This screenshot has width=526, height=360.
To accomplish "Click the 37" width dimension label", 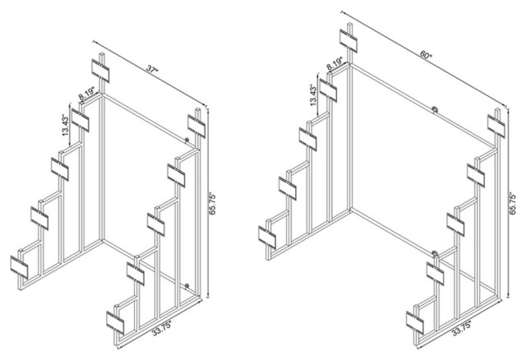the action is pos(152,70).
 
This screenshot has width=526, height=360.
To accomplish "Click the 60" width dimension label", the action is pos(426,55).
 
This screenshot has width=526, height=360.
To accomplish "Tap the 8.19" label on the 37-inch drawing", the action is pos(87,94).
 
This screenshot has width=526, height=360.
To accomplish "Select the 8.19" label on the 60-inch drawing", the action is pos(335,64).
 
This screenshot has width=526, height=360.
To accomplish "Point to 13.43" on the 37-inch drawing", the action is pos(65,126).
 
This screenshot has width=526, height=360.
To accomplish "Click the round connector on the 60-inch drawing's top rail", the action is pos(435,109).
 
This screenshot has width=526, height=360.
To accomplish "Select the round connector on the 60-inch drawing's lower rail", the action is pos(435,254).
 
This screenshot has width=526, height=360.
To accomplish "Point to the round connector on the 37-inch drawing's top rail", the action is pos(187,141).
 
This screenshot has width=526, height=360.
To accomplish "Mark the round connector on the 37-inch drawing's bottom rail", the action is pos(187,286).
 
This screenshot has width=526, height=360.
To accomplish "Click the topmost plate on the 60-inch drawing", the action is pos(348,40).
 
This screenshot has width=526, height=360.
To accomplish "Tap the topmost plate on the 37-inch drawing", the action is pos(100,71).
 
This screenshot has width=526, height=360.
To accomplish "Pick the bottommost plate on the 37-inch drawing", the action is pos(115,323).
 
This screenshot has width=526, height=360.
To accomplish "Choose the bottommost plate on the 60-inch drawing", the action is pos(415,323).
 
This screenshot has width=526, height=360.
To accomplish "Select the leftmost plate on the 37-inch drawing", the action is pos(19,267).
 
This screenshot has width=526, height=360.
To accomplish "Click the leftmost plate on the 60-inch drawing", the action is pos(267,238).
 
